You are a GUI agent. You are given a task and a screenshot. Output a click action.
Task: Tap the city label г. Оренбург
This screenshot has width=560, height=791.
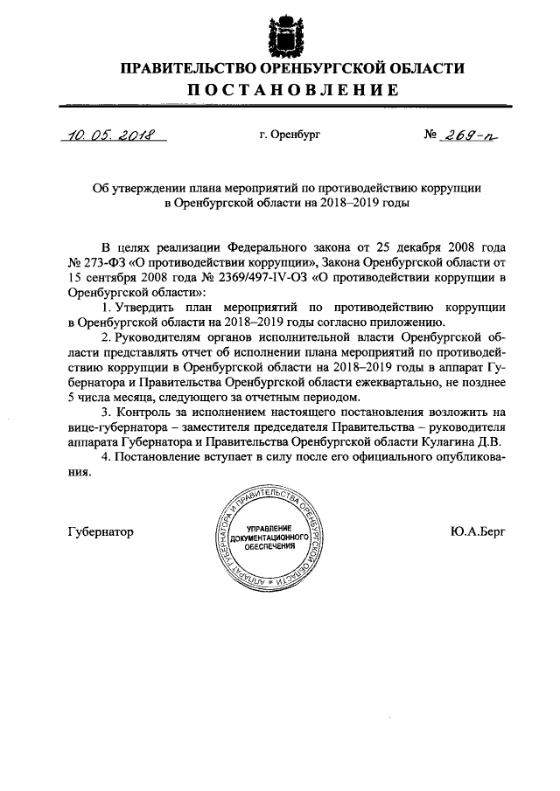pos(290,135)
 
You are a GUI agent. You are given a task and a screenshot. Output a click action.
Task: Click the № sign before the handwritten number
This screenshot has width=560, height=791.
pos(430,135)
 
